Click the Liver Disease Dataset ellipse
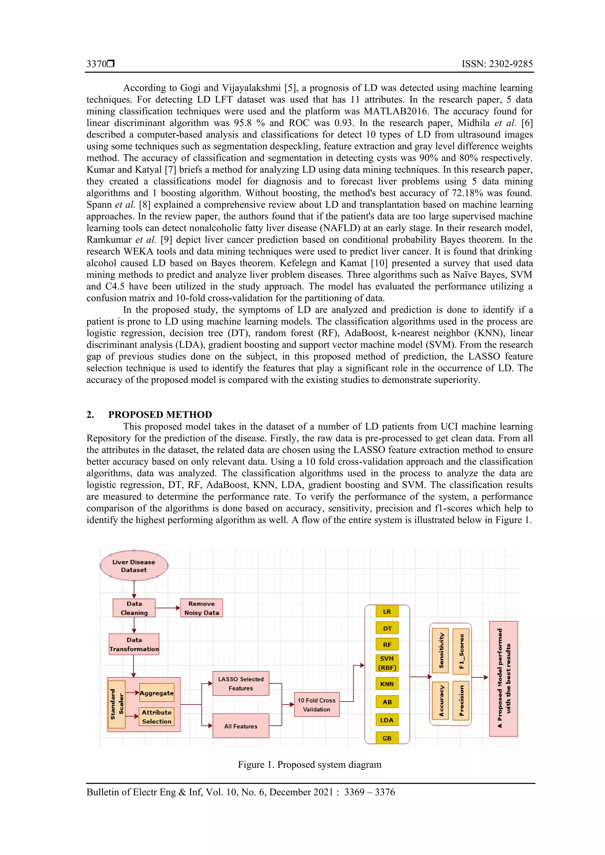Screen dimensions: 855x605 134,566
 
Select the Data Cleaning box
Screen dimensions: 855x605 134,608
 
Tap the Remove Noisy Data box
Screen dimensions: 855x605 201,608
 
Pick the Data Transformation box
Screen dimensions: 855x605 134,644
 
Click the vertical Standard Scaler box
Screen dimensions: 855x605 117,704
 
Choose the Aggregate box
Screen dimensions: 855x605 157,693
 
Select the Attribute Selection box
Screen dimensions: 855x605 157,717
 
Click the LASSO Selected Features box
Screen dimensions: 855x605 240,683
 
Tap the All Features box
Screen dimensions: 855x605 240,726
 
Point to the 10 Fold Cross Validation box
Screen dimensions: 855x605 316,704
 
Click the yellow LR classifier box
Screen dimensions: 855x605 387,612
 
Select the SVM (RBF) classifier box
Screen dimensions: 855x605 387,663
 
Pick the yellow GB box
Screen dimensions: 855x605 387,738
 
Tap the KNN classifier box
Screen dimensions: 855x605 387,684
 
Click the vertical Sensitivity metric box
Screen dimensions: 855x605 440,650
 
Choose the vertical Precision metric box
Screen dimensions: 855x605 461,700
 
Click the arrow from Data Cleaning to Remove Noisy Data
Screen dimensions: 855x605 168,608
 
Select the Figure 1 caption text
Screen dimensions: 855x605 309,764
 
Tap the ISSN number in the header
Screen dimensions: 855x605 497,64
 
